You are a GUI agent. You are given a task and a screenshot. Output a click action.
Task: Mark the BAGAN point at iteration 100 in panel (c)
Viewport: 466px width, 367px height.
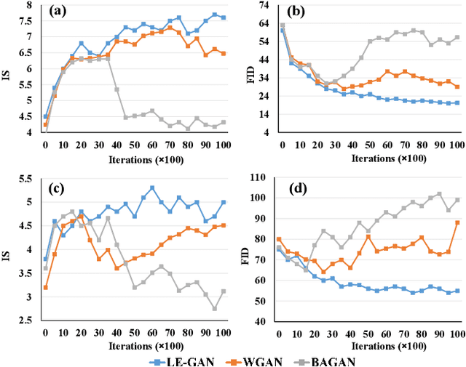tap(224, 291)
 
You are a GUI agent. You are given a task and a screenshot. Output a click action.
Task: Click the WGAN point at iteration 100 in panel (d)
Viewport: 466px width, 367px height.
tap(458, 222)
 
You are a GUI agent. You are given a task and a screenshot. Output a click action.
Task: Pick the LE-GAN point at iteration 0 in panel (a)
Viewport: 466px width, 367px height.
tap(45, 116)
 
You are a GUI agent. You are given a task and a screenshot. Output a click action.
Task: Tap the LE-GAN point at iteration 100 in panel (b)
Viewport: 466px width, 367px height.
tap(457, 102)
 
